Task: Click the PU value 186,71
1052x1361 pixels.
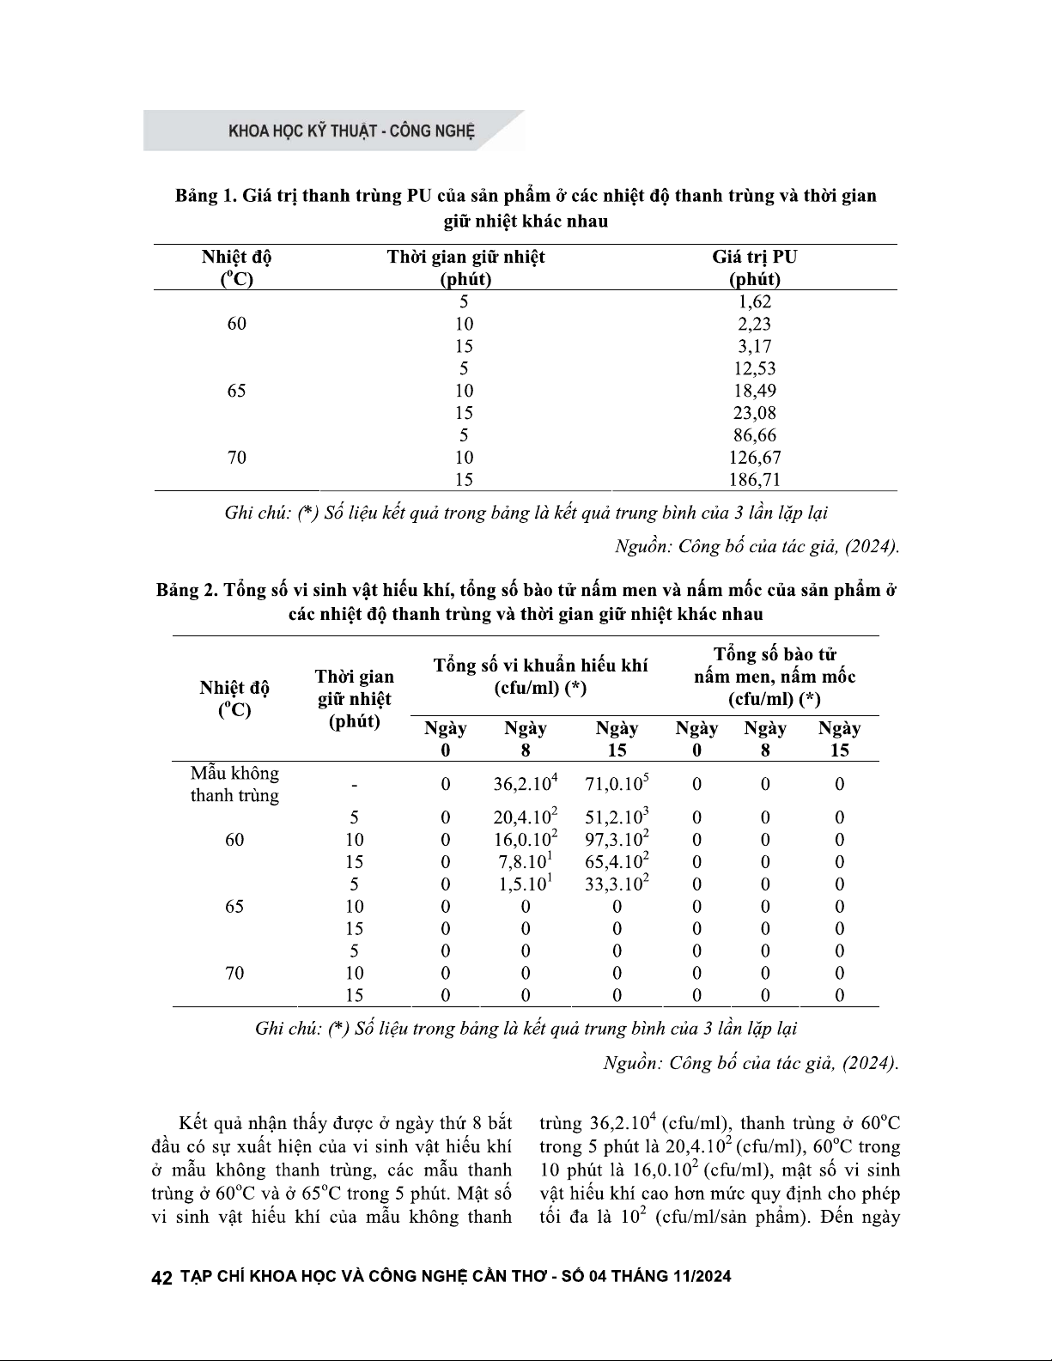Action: (755, 480)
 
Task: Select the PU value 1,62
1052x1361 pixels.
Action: (755, 301)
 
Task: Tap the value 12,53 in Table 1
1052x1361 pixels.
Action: (755, 368)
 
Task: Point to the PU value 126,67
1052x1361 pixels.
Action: (755, 458)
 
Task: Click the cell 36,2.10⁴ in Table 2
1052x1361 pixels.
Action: (526, 783)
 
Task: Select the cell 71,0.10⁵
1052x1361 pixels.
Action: (617, 783)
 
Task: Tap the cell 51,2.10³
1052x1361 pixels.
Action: (617, 817)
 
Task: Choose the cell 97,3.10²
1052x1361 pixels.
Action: (617, 839)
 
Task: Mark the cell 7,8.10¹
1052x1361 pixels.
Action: (526, 861)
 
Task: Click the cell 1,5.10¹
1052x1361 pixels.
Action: (526, 884)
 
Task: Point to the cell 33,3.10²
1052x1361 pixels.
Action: (617, 884)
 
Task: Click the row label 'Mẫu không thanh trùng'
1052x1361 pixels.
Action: (234, 784)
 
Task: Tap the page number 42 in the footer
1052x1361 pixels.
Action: (162, 1277)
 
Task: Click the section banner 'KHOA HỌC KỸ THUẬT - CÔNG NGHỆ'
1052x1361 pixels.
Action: (351, 132)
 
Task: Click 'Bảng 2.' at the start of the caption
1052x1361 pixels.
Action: (186, 591)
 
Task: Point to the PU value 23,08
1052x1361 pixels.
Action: (755, 413)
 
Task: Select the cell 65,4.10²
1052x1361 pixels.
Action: (617, 861)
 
